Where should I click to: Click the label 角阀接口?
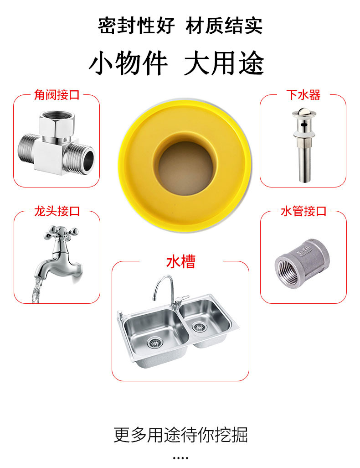[57, 95]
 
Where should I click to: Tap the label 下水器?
[303, 95]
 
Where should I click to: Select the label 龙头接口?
[57, 211]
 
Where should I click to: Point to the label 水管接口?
[303, 211]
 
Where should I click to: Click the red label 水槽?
[180, 262]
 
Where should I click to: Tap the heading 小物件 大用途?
[176, 62]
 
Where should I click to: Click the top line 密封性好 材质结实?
[180, 26]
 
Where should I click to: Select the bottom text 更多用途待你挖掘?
[180, 435]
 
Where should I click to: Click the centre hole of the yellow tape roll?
[185, 167]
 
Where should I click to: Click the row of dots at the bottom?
[180, 458]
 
